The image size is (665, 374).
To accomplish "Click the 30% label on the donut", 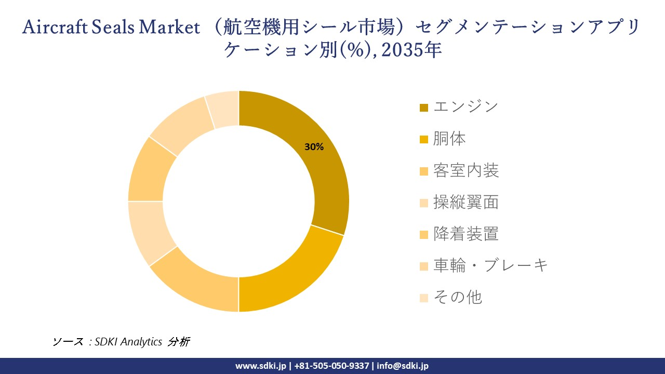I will coord(314,147).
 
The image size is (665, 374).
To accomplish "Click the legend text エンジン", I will coord(465,107).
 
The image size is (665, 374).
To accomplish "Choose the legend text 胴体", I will coord(449,139).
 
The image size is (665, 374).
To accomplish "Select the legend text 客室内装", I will coord(465,170).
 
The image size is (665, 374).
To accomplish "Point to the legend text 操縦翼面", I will coord(465,202).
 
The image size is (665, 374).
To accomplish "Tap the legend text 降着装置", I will coord(465,234).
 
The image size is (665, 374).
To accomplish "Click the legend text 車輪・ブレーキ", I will coord(490,265).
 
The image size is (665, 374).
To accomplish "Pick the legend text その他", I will coord(457,297).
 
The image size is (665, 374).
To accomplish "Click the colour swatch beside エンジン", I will coord(424,108).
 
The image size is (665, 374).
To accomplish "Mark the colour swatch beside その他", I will coord(424,298).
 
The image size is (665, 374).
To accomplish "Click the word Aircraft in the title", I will coord(55,28).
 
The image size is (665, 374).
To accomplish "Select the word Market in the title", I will coord(169,28).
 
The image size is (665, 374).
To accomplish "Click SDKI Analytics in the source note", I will coord(128,342).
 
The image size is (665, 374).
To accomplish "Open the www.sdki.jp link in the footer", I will coord(260,366).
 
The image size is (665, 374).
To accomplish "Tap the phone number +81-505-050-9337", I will coord(331,366).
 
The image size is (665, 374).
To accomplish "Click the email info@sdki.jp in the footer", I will coord(403,366).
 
